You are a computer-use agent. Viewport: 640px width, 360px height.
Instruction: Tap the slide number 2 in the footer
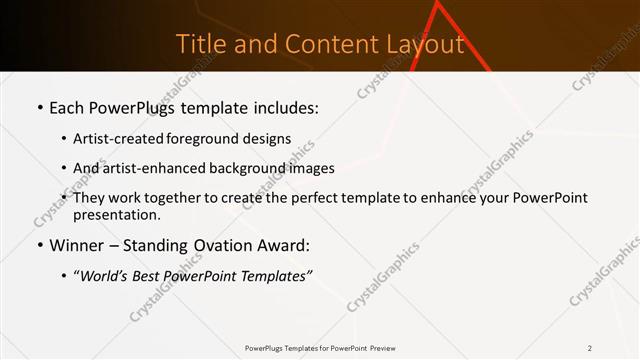[x=590, y=348]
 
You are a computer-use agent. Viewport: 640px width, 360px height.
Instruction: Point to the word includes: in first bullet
[x=284, y=107]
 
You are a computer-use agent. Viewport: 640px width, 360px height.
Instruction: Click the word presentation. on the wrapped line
[x=117, y=215]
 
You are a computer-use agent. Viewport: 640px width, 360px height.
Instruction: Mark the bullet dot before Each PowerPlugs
[x=39, y=108]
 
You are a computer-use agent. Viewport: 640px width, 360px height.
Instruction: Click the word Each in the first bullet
[x=67, y=107]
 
